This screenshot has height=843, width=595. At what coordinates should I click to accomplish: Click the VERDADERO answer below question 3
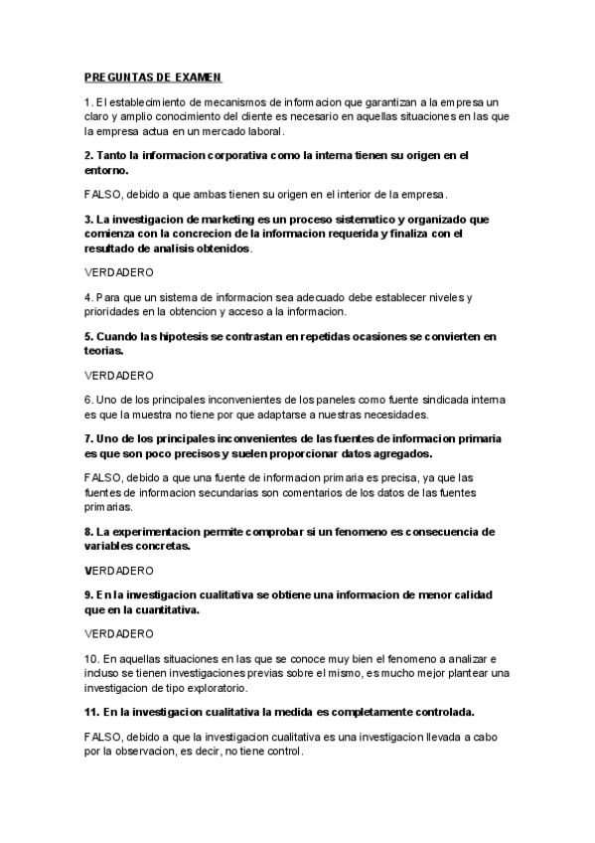119,270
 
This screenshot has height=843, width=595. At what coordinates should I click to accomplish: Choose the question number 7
88,438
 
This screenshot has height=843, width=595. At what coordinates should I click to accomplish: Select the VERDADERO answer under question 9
119,633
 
